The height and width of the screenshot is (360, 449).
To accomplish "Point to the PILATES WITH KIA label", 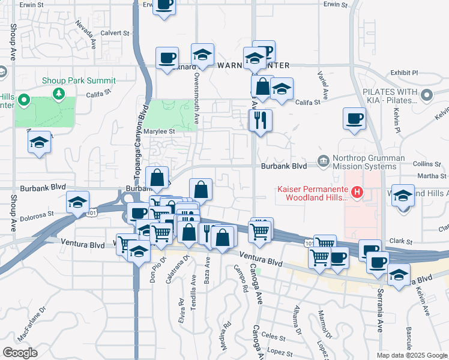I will click(x=390, y=95).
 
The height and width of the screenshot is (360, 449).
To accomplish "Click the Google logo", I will click(x=20, y=353).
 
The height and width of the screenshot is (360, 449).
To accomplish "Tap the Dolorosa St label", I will click(x=37, y=213).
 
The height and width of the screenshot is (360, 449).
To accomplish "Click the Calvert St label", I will click(x=115, y=33).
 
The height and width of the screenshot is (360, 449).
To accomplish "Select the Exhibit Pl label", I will click(x=404, y=73).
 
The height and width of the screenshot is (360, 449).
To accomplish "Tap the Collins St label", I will click(x=427, y=164).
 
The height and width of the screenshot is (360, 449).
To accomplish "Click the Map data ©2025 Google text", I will click(x=411, y=355).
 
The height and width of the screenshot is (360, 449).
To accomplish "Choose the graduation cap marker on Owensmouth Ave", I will click(x=203, y=54).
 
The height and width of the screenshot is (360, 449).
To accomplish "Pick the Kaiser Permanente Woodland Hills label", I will click(x=312, y=193).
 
